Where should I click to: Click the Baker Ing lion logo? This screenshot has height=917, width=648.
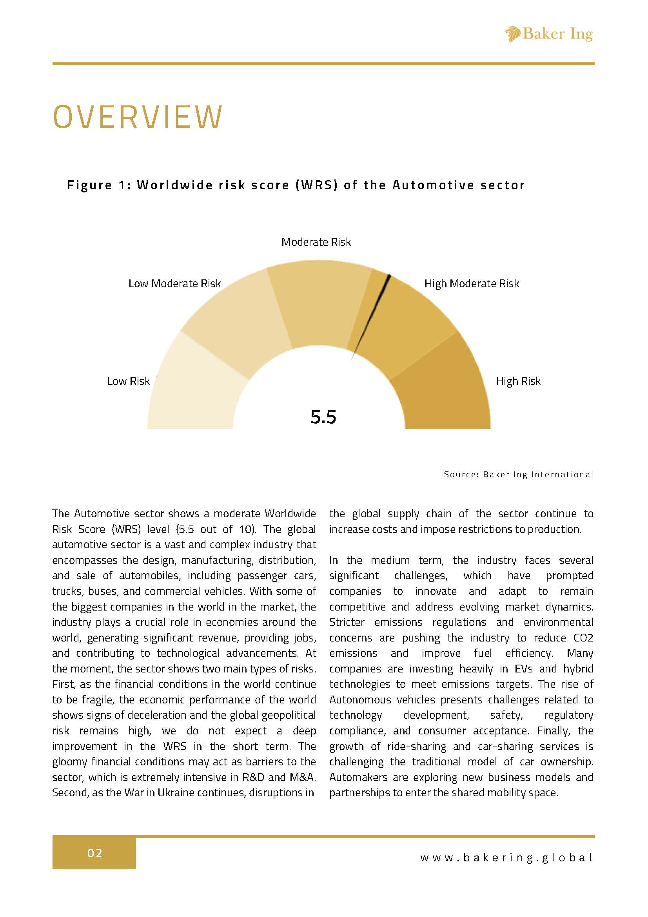[513, 34]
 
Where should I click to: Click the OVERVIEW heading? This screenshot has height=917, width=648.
[138, 117]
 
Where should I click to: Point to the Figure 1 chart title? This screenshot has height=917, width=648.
[296, 185]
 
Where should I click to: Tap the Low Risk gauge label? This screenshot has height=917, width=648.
[128, 381]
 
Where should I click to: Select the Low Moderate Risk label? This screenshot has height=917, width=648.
[174, 284]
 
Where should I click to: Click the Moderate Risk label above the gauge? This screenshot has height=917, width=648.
[316, 242]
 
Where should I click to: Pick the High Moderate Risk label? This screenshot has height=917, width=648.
[472, 284]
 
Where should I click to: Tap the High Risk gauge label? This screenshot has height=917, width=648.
[518, 381]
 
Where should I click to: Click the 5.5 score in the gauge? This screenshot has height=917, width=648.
[323, 417]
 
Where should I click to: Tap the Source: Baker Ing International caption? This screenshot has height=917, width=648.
[518, 475]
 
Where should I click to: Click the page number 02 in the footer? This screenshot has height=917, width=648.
[95, 854]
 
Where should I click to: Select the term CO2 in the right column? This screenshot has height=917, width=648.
[581, 638]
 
